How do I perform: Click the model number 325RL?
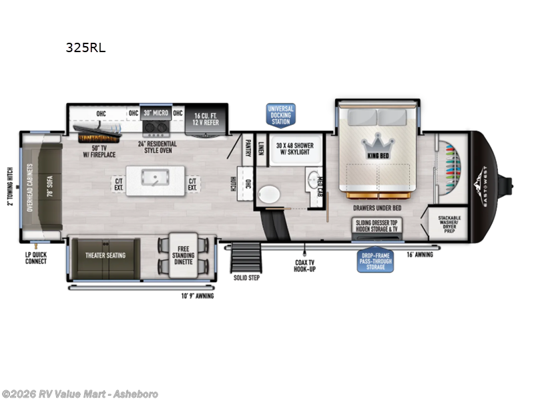(85, 47)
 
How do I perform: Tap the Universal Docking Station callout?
(280, 115)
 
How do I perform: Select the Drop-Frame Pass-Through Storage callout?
(375, 259)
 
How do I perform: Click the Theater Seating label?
(105, 255)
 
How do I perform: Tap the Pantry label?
(247, 147)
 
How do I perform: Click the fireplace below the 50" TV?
(97, 137)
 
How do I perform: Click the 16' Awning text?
(420, 255)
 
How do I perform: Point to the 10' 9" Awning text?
(198, 295)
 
